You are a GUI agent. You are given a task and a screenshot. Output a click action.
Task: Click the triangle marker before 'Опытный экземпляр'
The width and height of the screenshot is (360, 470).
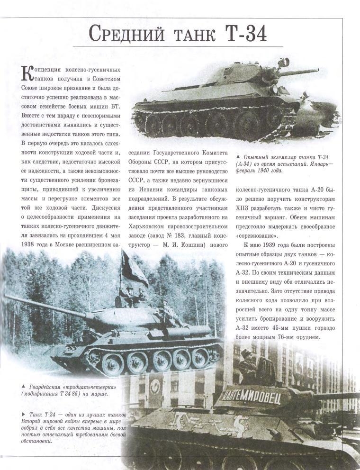(x=238, y=156)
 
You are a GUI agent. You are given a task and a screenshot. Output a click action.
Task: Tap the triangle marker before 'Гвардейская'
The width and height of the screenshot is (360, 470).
(x=23, y=386)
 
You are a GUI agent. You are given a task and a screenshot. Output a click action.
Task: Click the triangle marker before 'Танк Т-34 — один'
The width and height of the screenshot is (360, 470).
(x=23, y=414)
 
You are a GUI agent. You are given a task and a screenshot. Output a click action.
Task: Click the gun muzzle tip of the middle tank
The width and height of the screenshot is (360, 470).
(x=7, y=297)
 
